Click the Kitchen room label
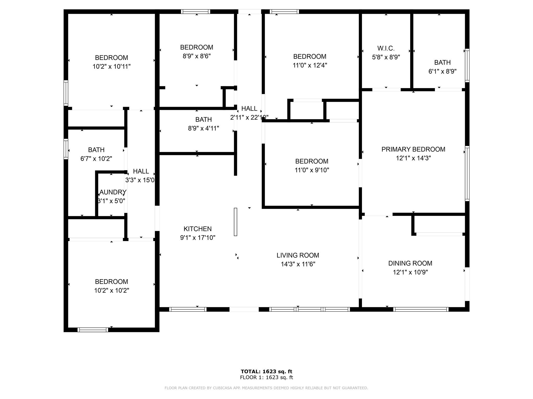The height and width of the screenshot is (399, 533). [x=198, y=229]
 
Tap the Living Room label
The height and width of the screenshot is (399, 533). [x=298, y=255]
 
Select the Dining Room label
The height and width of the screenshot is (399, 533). [x=410, y=263]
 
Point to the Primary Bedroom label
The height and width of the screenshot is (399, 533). [x=413, y=149]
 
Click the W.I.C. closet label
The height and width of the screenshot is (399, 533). [x=386, y=48]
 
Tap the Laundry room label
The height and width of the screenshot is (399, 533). [x=112, y=192]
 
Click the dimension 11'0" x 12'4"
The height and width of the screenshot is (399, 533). [x=310, y=65]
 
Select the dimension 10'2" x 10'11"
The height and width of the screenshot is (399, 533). [x=111, y=66]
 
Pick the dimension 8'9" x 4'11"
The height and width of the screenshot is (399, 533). [x=204, y=128]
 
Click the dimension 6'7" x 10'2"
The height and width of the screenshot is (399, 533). [x=96, y=159]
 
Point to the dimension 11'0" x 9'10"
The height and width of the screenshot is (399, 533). [x=312, y=170]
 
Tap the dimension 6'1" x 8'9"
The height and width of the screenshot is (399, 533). [x=442, y=71]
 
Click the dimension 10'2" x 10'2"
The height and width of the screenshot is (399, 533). [x=111, y=290]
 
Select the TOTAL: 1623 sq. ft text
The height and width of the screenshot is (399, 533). [x=266, y=371]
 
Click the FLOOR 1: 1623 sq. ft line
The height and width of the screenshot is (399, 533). [x=266, y=377]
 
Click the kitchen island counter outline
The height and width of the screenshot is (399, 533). [x=236, y=222]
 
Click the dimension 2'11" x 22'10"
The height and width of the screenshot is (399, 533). [x=249, y=118]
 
